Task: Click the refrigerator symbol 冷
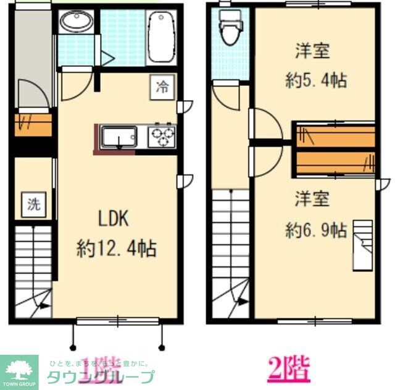coord(162,87)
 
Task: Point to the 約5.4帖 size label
coord(315,80)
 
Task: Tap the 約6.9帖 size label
coord(315,231)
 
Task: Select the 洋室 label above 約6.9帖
coord(311,199)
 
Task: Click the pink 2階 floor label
coord(289,368)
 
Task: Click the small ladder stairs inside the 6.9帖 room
coord(363,245)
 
